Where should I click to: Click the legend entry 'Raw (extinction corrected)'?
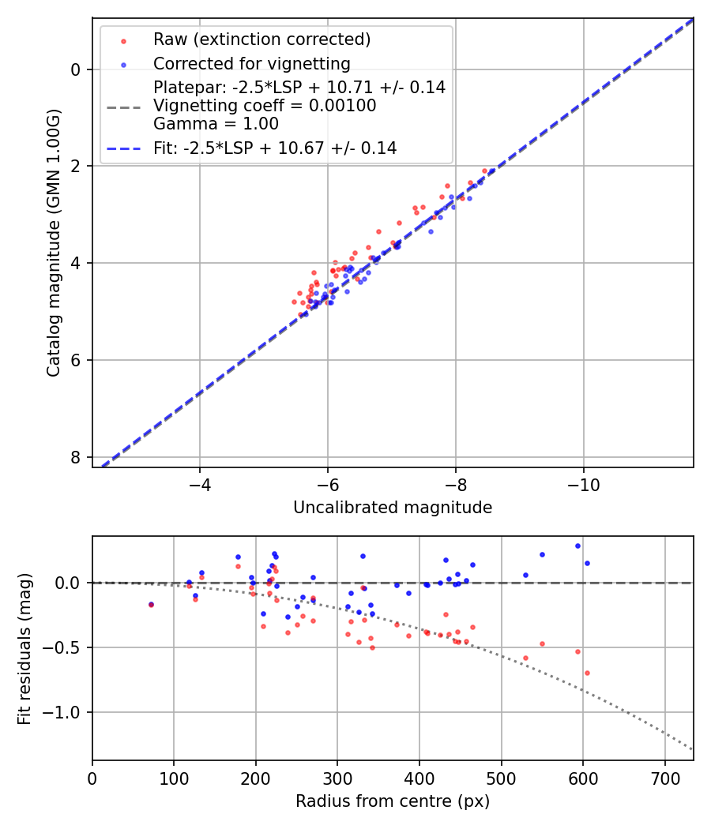pos(261,39)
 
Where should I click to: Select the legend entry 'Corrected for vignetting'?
pos(251,63)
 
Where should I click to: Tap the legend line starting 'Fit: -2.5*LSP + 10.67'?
pos(275,148)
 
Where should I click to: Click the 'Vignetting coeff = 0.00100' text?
pos(265,105)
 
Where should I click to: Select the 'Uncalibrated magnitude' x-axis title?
pos(393,508)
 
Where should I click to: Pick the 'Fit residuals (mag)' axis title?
pos(25,649)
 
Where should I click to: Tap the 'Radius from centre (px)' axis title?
pos(393,801)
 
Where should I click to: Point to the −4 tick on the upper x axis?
pos(199,483)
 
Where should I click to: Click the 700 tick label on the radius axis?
pos(664,776)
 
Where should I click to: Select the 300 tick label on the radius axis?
pos(337,776)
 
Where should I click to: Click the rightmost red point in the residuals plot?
pos(587,673)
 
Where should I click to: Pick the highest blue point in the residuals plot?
pos(577,546)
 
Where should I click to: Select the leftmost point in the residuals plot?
pos(151,605)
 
